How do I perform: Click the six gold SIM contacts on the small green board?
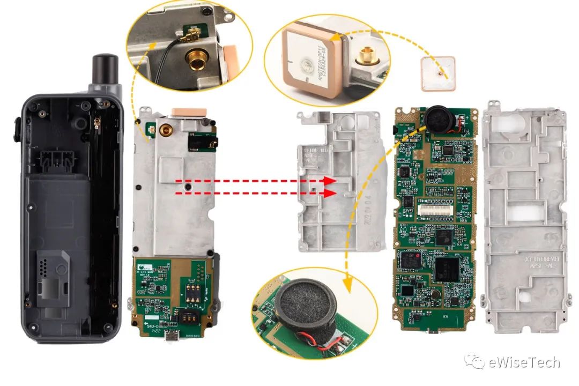[x=190, y=292]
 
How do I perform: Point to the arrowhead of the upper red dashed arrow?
[x=333, y=182]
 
